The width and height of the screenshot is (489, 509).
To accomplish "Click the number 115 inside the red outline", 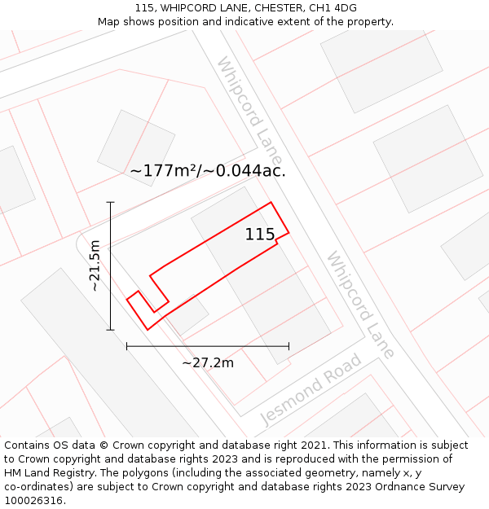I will [260, 235].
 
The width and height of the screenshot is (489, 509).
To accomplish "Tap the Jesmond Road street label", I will [311, 389].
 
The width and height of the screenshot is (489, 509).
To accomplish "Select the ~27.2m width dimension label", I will [207, 362].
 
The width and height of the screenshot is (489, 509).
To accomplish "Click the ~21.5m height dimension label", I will [95, 265].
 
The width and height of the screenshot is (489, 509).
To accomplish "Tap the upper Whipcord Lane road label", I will [249, 109].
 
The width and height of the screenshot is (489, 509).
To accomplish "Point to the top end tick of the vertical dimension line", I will [111, 202].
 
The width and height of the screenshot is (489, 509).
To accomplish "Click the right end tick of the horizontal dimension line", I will [289, 346].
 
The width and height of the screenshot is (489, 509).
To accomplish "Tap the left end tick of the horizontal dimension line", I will [126, 346].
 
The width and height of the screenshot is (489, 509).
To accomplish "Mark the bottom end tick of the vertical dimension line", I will [111, 330].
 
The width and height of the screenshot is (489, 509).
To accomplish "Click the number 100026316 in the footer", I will [32, 501].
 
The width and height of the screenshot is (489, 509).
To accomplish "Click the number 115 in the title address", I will [144, 8].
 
